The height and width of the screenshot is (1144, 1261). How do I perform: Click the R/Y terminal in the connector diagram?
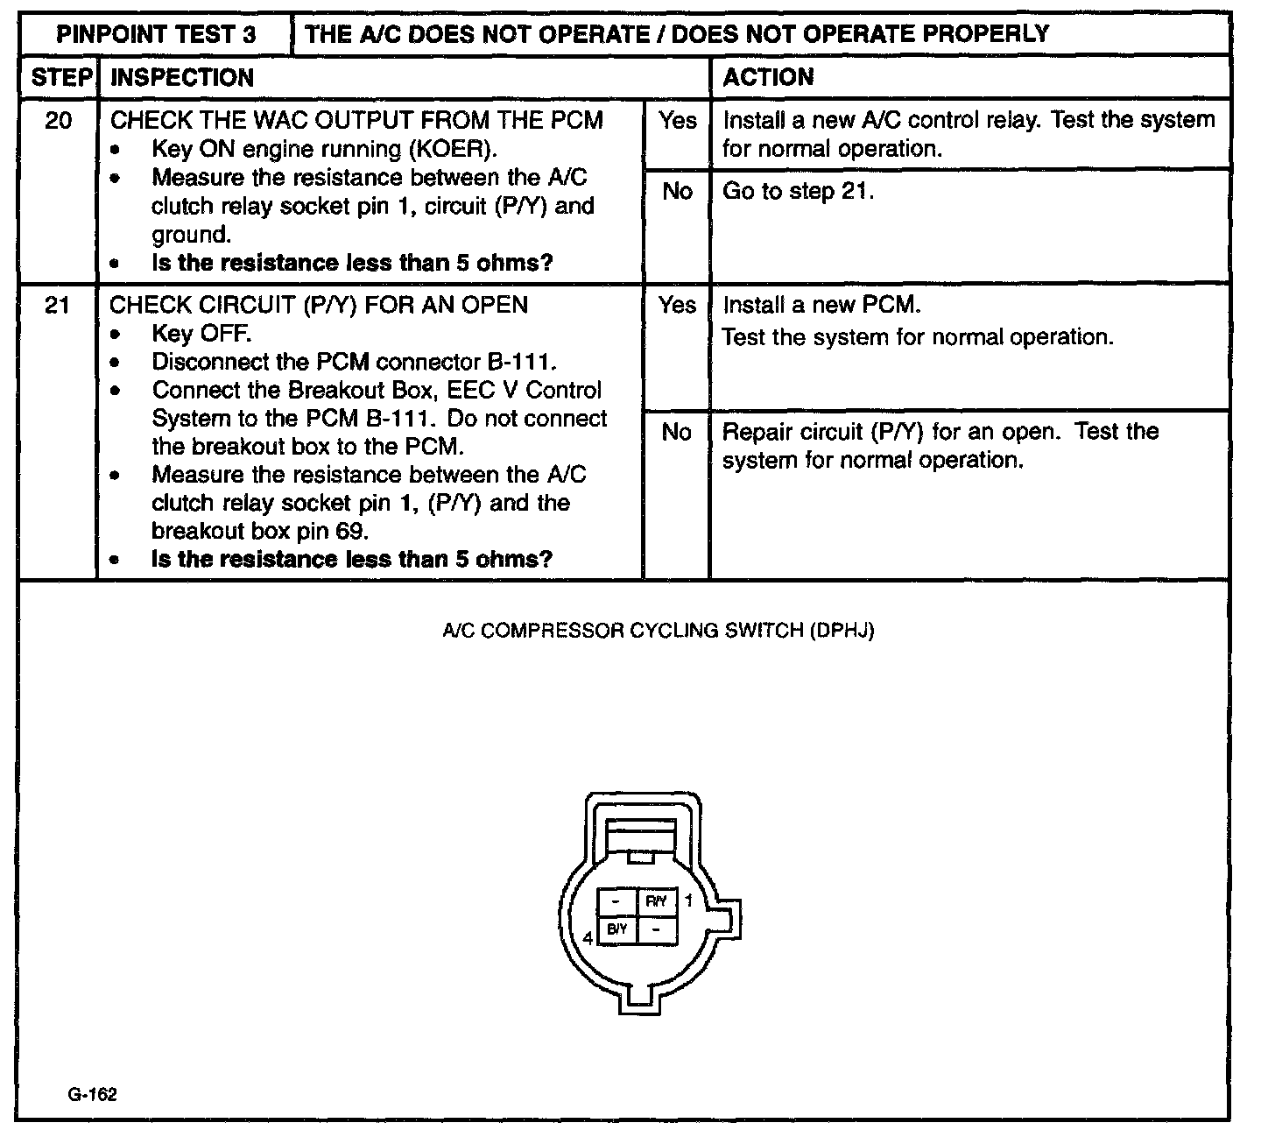tap(657, 901)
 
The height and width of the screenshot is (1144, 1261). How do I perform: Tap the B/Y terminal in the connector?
tap(617, 929)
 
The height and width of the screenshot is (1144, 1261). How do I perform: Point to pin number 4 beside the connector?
tap(588, 938)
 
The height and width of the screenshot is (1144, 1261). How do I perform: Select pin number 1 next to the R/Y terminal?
tap(688, 900)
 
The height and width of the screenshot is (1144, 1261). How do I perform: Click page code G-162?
tap(91, 1095)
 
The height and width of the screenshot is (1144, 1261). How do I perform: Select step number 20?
tap(58, 120)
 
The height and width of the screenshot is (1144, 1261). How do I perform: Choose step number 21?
tap(58, 305)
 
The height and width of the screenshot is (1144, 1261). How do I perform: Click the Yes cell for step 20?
tap(677, 121)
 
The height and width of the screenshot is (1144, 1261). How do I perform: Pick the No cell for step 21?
tap(677, 432)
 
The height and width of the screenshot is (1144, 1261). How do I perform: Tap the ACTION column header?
tap(768, 77)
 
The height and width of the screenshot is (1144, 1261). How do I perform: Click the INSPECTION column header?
tap(182, 77)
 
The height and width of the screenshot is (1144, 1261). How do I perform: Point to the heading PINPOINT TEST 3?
tap(157, 34)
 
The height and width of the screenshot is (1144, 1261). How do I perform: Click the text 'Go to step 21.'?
tap(798, 191)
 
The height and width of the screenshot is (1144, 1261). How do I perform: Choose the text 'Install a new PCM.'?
tap(821, 305)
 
